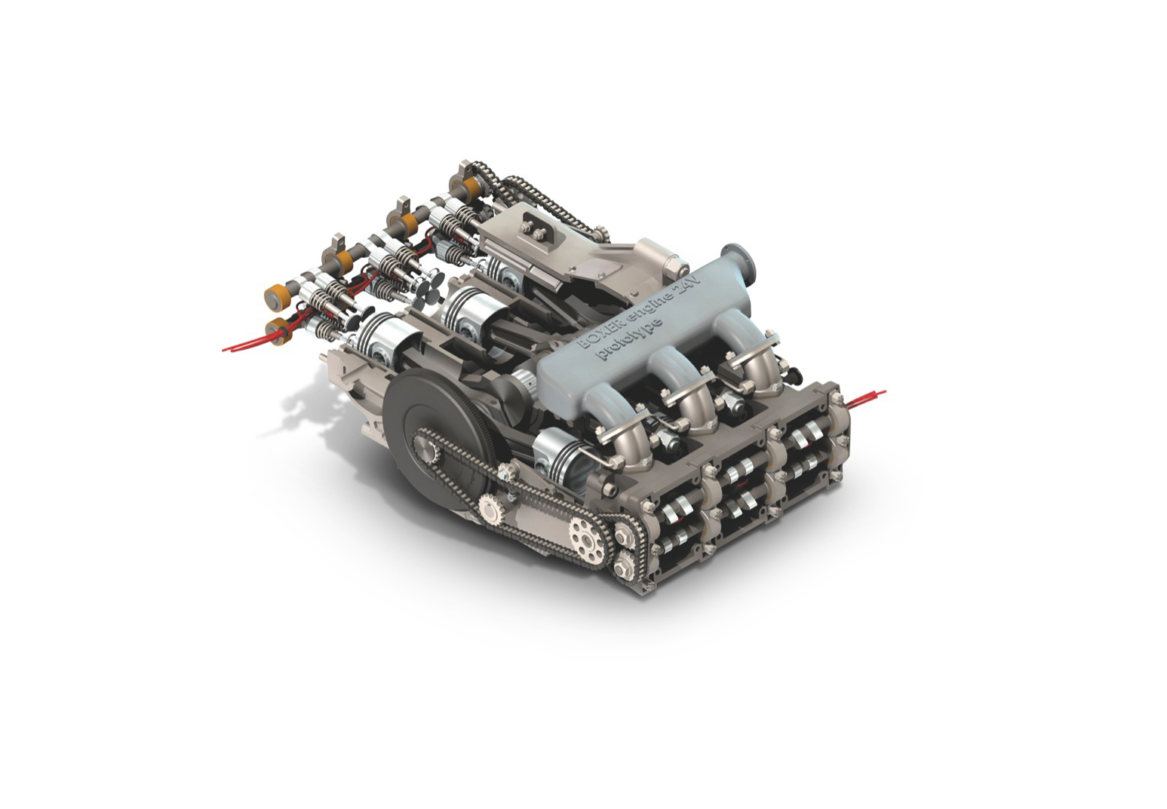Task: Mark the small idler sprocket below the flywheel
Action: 490,513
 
